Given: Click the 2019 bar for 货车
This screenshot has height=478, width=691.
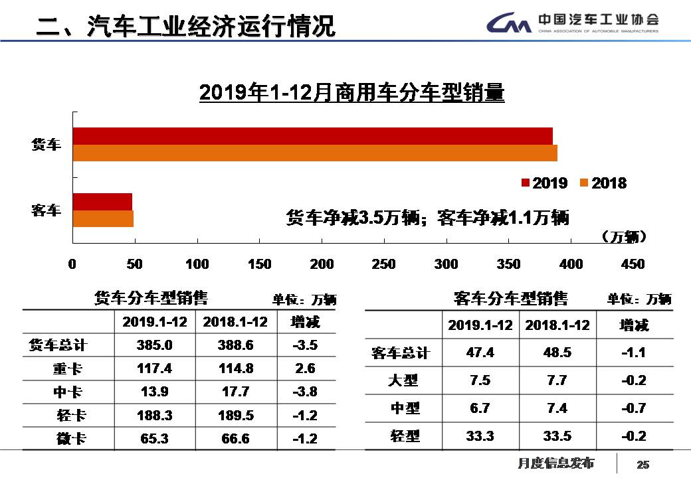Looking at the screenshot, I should coord(312,135).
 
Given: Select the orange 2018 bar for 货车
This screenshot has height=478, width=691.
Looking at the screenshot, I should coord(314,153).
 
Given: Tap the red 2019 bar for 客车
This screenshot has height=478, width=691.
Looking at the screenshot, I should coord(102,201).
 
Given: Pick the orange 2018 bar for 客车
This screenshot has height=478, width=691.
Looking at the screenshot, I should coord(103,218).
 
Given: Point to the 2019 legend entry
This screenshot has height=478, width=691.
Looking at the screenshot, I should coord(544,183).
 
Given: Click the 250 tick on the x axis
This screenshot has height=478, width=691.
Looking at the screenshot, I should coord(383,264).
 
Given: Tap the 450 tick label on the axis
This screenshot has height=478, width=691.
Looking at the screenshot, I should coord(632,264).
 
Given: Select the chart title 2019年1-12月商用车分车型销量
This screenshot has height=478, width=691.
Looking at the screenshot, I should coord(352,93).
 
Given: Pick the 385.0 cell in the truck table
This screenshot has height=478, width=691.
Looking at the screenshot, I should coord(155,345).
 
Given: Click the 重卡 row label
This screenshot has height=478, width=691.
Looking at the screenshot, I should coord(69,368).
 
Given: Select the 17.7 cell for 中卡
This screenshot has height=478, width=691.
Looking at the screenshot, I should coord(235,392).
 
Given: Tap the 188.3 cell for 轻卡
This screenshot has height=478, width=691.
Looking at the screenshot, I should coord(155,416).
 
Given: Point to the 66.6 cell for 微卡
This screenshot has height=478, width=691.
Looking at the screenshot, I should coord(235,439).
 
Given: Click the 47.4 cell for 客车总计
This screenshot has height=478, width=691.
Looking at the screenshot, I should coord(480,353).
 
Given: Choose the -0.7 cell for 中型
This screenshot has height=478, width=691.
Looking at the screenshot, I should coord(633,408).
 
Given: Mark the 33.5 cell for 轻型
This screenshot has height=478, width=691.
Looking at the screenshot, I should coord(557,436).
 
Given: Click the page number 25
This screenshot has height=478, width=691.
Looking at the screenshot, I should coord(642,464).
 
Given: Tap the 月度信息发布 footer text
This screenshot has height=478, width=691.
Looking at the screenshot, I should coord(555,463).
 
